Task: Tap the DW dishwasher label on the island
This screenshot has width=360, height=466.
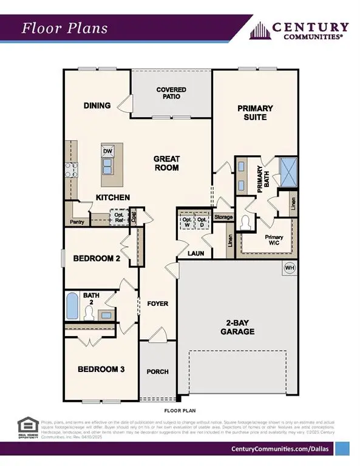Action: pyautogui.click(x=108, y=151)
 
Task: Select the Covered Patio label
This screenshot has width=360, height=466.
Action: pyautogui.click(x=171, y=93)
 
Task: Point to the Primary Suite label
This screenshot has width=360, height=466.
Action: pyautogui.click(x=255, y=112)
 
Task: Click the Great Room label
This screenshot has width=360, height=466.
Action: pyautogui.click(x=166, y=163)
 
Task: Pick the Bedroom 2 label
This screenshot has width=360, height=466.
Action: pyautogui.click(x=97, y=258)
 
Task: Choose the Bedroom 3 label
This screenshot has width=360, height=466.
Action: pyautogui.click(x=101, y=369)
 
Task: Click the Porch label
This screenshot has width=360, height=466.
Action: pyautogui.click(x=158, y=371)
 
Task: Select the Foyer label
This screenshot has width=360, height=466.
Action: pyautogui.click(x=158, y=303)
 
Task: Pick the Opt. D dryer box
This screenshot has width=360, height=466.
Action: pyautogui.click(x=202, y=222)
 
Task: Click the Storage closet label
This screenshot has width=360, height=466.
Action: pyautogui.click(x=223, y=217)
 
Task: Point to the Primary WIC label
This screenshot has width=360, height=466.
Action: pyautogui.click(x=274, y=240)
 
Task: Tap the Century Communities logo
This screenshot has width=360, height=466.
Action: pyautogui.click(x=301, y=30)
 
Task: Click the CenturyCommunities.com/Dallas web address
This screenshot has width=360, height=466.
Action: pyautogui.click(x=281, y=448)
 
